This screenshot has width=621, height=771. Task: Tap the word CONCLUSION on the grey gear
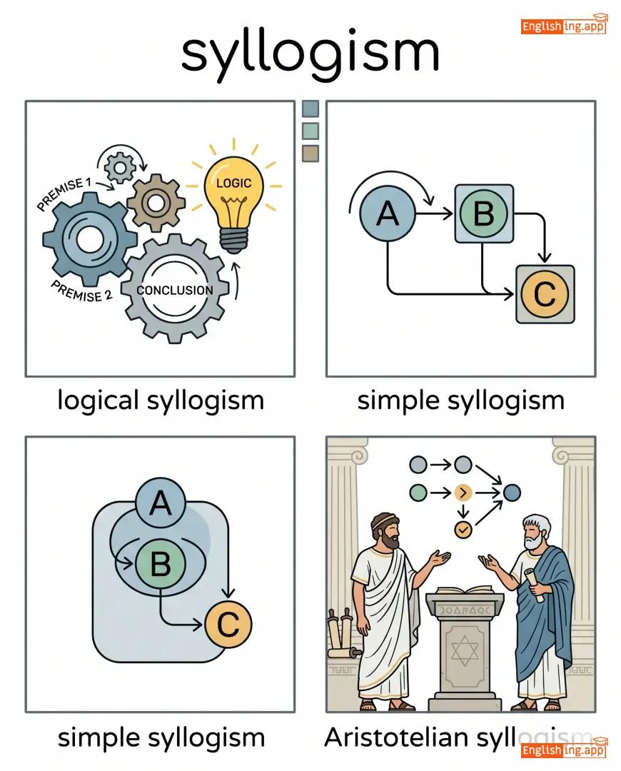pos(175,291)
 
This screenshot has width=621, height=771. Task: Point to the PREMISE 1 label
pos(64,194)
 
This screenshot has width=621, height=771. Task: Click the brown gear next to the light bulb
pos(156,202)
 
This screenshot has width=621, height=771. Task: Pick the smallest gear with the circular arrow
pos(119,168)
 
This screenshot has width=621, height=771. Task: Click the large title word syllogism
pos(310,54)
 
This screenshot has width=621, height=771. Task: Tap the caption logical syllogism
pos(160,400)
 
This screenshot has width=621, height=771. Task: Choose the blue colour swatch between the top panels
pos(310,109)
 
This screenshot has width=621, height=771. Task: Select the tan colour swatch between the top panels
pos(310,153)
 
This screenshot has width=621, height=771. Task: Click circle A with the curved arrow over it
pos(388,213)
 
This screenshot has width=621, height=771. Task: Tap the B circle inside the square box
pos(483,213)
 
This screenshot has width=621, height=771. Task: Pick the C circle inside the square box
pos(545,293)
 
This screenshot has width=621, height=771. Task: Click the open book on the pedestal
pos(459,591)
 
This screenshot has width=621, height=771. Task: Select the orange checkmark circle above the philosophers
pos(463,529)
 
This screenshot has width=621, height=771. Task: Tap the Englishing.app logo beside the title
pos(564,26)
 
